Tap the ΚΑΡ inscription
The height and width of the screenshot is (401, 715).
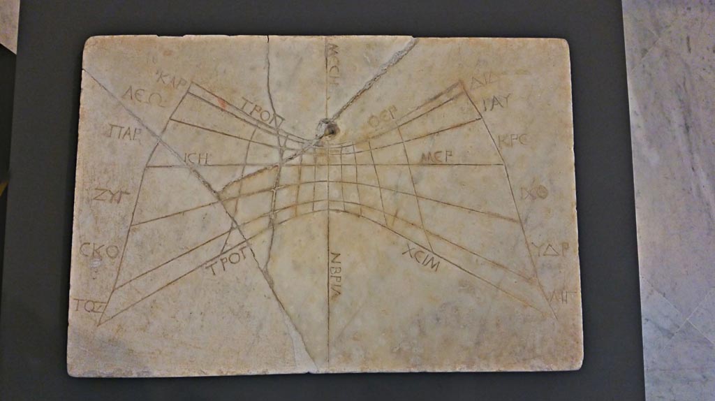(x=172, y=82)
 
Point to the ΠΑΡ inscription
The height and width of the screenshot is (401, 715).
(x=126, y=131)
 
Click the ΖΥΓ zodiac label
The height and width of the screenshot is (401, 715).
(x=110, y=195)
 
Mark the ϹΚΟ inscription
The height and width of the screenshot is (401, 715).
(x=99, y=249)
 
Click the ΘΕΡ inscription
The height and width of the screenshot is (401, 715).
(x=383, y=121)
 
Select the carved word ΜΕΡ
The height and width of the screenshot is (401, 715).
(x=436, y=157)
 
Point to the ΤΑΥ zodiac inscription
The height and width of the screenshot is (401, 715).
(x=498, y=103)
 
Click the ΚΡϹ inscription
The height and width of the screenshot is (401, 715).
(x=513, y=140)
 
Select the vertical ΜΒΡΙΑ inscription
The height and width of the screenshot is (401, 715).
(x=335, y=275)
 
